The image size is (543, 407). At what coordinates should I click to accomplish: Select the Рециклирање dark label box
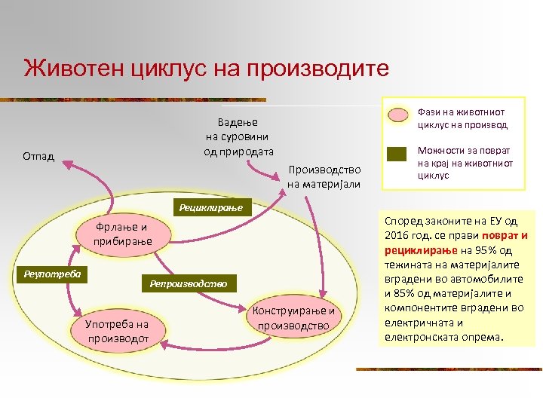(210, 206)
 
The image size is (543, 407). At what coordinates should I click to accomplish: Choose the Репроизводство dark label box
(188, 284)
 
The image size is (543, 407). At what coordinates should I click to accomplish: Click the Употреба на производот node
(117, 330)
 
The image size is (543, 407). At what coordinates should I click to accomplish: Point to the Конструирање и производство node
(294, 319)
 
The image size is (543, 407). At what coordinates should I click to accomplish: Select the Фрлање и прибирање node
(123, 234)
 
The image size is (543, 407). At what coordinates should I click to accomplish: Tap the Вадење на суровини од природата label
(238, 136)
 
